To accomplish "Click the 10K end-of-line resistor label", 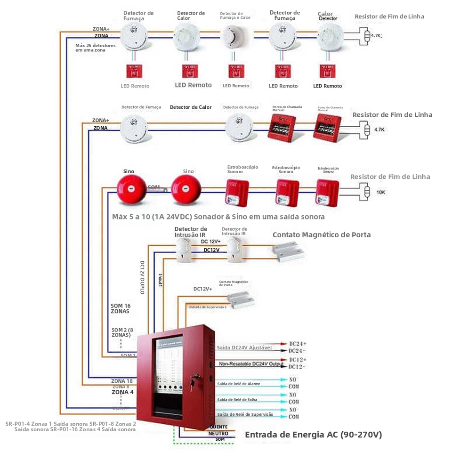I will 381,193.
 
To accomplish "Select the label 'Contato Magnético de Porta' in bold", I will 322,234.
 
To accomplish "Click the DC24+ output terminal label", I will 298,344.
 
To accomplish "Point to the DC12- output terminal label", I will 298,366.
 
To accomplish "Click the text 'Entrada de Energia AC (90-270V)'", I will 313,435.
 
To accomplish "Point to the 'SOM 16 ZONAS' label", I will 120,308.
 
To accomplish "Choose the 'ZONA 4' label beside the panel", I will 122,392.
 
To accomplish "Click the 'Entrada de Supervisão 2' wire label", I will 208,307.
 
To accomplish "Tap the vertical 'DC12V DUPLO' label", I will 142,277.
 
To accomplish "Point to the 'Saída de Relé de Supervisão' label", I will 245,414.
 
